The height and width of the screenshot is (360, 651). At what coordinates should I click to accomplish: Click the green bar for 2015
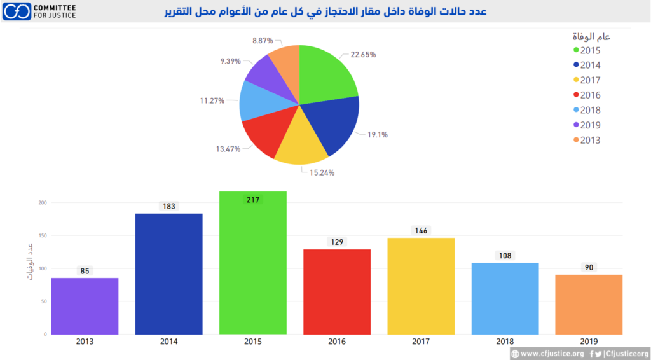coord(252,267)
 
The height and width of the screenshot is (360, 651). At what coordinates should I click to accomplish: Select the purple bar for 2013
coord(85,306)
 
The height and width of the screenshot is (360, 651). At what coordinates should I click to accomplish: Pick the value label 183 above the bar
coord(168,206)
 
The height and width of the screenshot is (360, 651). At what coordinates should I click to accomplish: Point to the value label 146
coord(421,231)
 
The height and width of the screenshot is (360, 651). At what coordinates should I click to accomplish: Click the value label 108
coord(505,256)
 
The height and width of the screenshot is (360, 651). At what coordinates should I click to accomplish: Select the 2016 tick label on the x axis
coord(337,342)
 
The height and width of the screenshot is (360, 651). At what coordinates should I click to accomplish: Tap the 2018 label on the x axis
coord(505,342)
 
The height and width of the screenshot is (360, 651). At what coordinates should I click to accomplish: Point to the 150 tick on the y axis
coord(41,235)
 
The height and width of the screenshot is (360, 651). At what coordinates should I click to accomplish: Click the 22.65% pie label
coord(363,55)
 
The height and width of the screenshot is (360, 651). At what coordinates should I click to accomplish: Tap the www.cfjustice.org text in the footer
coord(551,354)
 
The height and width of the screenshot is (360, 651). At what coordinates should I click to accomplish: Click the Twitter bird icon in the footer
coord(598,354)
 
